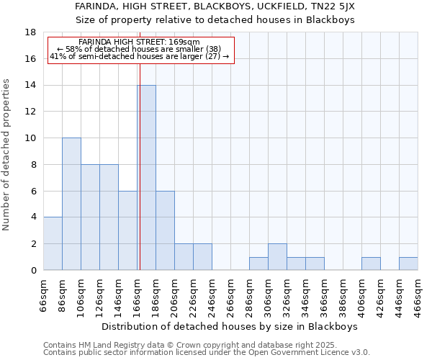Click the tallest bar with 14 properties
pyautogui.click(x=146, y=178)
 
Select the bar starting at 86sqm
pyautogui.click(x=71, y=204)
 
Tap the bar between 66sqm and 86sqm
pyautogui.click(x=53, y=243)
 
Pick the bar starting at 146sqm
pyautogui.click(x=127, y=230)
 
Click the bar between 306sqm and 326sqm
pyautogui.click(x=277, y=257)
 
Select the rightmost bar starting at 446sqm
pyautogui.click(x=408, y=264)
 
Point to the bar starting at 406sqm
pyautogui.click(x=371, y=264)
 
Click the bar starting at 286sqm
pyautogui.click(x=258, y=264)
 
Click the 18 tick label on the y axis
pyautogui.click(x=30, y=32)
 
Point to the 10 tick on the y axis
pyautogui.click(x=30, y=138)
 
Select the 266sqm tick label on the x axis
pyautogui.click(x=231, y=296)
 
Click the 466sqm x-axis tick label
pyautogui.click(x=418, y=296)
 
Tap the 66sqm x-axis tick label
pyautogui.click(x=44, y=296)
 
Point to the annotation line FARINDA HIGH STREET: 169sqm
pyautogui.click(x=140, y=42)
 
